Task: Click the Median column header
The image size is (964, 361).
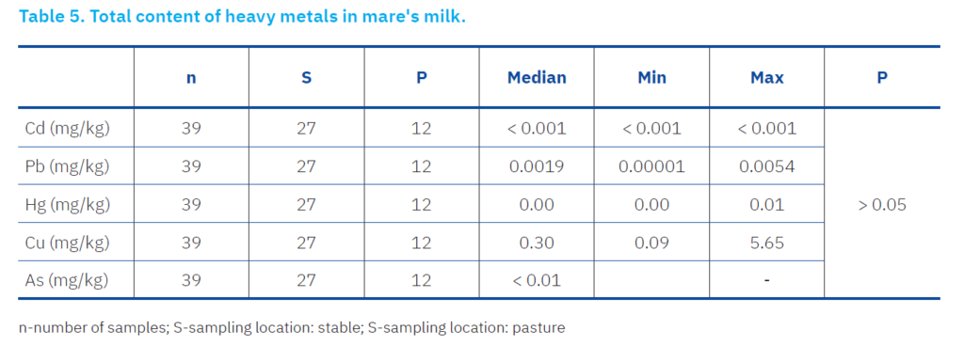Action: pyautogui.click(x=537, y=77)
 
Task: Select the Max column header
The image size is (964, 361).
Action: pyautogui.click(x=766, y=77)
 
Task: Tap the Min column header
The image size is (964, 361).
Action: pyautogui.click(x=651, y=77)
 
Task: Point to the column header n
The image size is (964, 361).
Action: pyautogui.click(x=191, y=78)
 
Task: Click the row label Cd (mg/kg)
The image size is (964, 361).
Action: pyautogui.click(x=68, y=128)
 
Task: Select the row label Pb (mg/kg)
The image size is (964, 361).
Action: pyautogui.click(x=68, y=166)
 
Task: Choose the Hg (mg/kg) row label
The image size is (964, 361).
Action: pyautogui.click(x=68, y=204)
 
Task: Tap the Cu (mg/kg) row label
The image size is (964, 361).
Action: pyautogui.click(x=68, y=243)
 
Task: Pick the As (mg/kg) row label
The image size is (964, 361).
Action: pyautogui.click(x=67, y=280)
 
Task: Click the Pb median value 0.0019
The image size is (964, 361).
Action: pyautogui.click(x=537, y=166)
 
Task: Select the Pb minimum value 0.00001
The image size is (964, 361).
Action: pyautogui.click(x=651, y=166)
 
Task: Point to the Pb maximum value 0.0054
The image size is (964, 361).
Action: pyautogui.click(x=766, y=166)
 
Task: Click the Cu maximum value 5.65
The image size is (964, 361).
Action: pyautogui.click(x=766, y=243)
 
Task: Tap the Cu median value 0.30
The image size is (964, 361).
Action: pyautogui.click(x=537, y=243)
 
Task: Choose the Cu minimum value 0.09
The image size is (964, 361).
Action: pyautogui.click(x=651, y=243)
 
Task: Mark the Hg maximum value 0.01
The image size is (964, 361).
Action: pyautogui.click(x=766, y=204)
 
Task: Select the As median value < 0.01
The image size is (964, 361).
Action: pyautogui.click(x=537, y=280)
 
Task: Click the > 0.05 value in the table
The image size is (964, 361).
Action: pyautogui.click(x=881, y=204)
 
